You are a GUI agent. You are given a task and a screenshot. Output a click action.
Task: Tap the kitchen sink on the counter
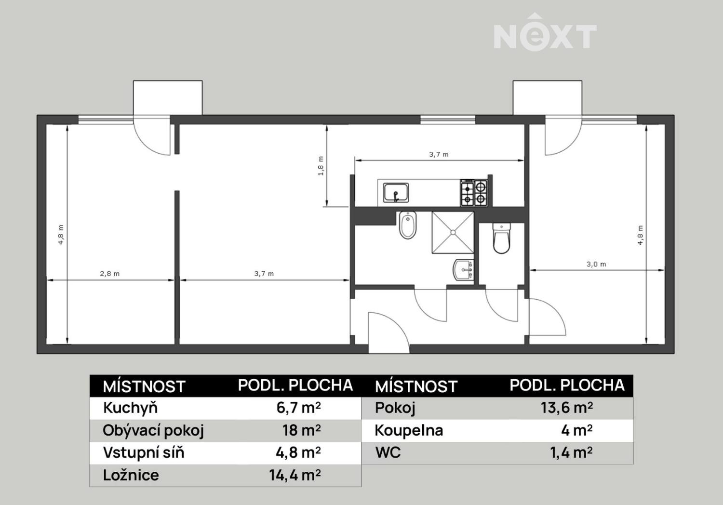(x=396, y=193)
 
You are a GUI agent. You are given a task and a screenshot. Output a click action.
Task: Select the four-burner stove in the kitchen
(x=474, y=193)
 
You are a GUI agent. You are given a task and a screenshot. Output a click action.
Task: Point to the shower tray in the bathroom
(x=453, y=232)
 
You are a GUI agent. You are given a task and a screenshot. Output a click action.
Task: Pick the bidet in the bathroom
(x=408, y=225)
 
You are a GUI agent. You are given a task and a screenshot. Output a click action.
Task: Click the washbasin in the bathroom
(x=463, y=269)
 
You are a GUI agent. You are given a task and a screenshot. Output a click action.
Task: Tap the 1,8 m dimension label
(x=321, y=166)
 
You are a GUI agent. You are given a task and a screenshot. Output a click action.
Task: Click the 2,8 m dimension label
(x=110, y=274)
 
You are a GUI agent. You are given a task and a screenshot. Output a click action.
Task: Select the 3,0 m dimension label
(x=596, y=264)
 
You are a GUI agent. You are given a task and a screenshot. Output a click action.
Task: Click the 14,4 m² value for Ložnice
(x=295, y=475)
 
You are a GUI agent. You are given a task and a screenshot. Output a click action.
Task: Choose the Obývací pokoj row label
(x=153, y=430)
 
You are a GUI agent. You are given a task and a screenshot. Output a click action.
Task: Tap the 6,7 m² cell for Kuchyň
(x=298, y=408)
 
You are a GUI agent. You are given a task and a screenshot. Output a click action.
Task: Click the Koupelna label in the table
(x=409, y=430)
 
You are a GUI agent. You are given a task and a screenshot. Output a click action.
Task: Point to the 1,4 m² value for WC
(x=571, y=453)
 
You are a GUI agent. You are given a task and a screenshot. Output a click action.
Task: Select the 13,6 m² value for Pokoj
(x=567, y=408)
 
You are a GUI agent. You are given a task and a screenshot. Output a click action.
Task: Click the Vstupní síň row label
(x=144, y=453)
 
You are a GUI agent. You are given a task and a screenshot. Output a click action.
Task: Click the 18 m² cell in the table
(x=301, y=430)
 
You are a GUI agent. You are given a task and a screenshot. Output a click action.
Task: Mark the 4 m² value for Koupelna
(x=577, y=430)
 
